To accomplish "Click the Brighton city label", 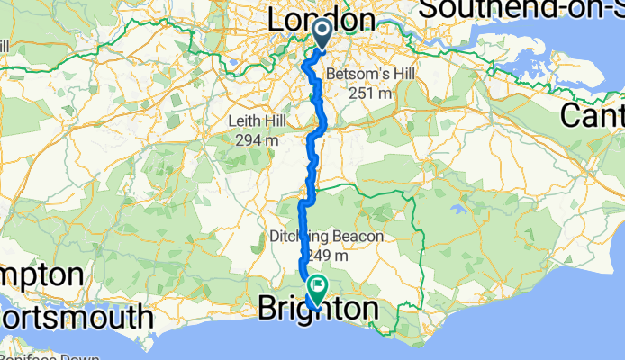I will coord(318,310).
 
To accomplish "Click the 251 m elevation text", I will coord(370,92).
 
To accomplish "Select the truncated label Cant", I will coord(593,114).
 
